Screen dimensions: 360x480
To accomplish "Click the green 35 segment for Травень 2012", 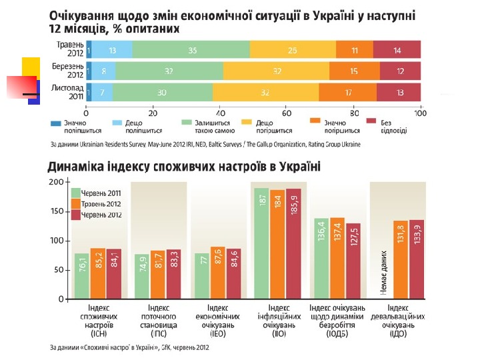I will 192,49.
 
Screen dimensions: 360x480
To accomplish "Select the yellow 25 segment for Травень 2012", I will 293,49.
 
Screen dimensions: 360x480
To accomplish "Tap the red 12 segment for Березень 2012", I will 400,71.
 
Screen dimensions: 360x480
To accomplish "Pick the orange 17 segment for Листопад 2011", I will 347,92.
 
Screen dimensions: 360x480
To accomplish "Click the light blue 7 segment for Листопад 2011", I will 102,92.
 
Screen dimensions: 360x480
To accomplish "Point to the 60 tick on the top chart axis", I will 287,111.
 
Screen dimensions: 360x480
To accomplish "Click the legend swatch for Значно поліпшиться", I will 55,122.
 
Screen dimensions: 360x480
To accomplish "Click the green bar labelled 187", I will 261,243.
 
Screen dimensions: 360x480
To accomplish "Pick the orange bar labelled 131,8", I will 400,259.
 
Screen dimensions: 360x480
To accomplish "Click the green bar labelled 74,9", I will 141,277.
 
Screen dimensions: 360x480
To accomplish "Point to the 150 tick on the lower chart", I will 55,211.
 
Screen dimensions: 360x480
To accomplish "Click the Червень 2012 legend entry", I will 100,215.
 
